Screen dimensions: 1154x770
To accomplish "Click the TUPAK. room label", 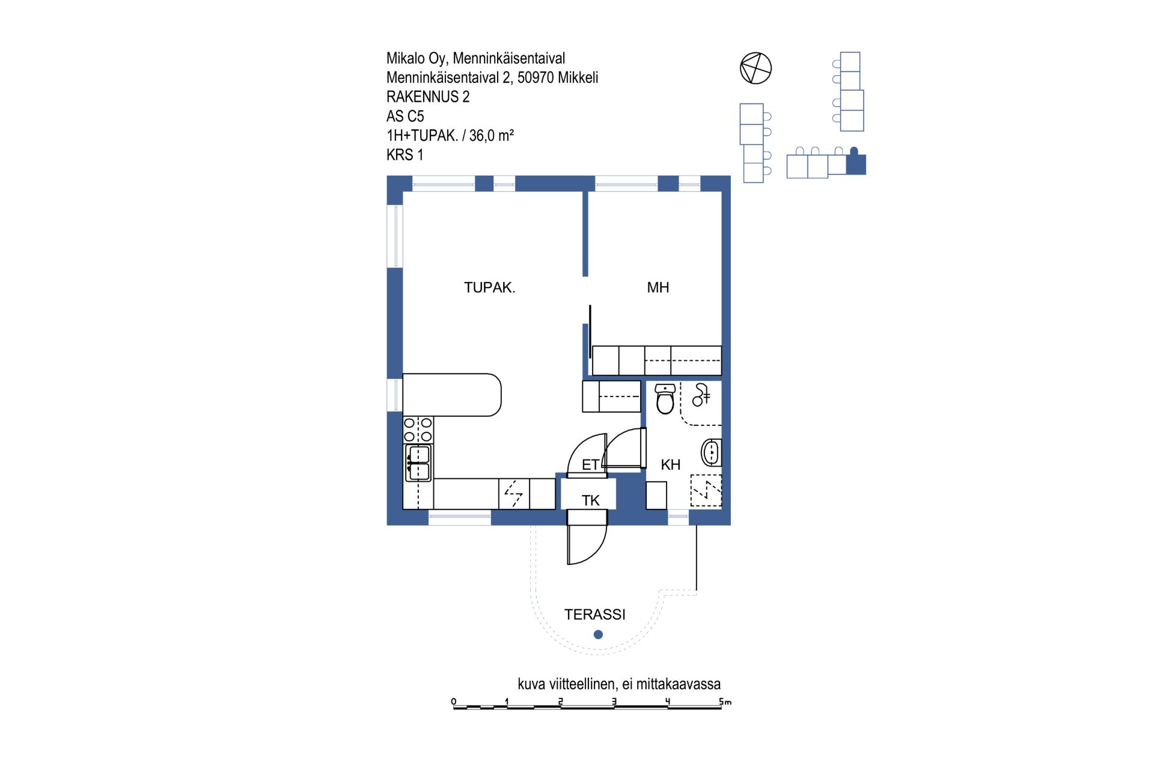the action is [489, 288].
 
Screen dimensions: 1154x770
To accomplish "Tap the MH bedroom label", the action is [658, 288].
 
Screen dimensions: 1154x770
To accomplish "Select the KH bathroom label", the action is [671, 464].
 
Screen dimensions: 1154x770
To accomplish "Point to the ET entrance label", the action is [591, 464].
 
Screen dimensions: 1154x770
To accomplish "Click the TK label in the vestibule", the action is [591, 500].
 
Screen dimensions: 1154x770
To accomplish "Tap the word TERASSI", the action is [595, 614].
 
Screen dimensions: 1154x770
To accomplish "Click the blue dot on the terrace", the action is [598, 634].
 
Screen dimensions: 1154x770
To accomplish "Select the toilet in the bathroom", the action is [665, 399].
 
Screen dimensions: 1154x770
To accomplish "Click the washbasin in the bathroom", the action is [711, 452].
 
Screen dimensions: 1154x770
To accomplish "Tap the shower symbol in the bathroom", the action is [701, 395].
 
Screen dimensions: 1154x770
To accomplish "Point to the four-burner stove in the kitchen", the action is [418, 430].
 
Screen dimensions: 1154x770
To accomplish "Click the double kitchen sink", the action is [418, 463].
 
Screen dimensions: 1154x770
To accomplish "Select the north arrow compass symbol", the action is [756, 68].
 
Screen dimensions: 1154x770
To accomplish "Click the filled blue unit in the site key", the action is [856, 162].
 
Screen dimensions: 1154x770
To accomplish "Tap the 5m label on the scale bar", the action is [725, 701].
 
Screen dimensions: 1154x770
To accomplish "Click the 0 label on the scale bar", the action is [454, 701].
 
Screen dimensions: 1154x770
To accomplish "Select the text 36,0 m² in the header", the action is [492, 135].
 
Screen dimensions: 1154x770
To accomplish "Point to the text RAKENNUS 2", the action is [428, 97].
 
